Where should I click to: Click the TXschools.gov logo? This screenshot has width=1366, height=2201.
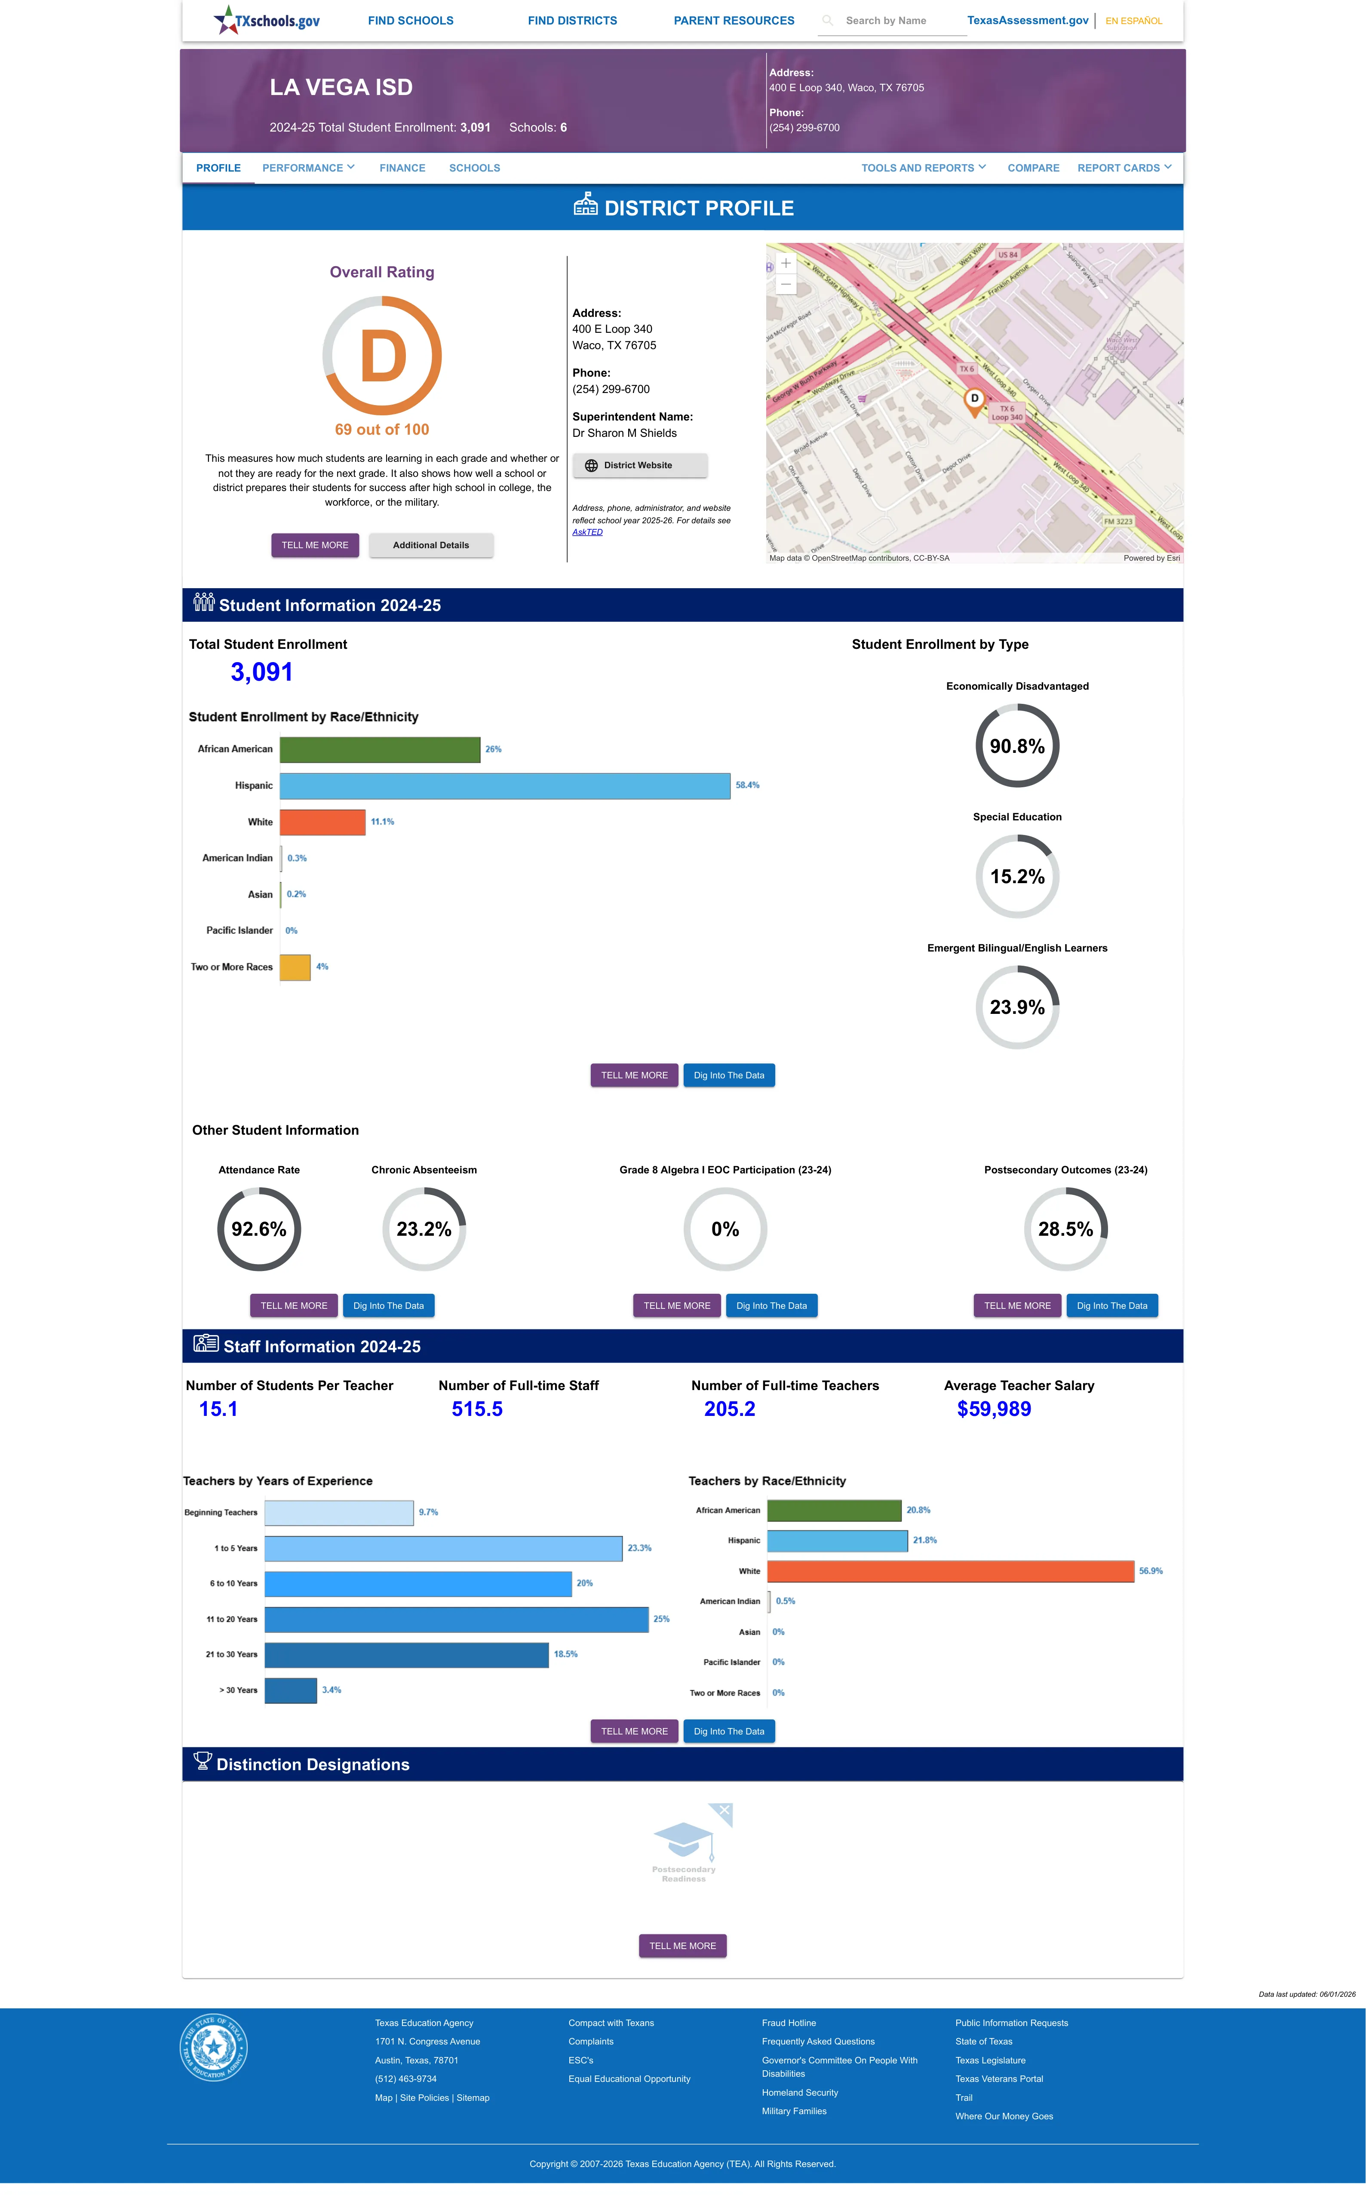point(267,20)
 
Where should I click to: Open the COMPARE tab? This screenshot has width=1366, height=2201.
point(1034,168)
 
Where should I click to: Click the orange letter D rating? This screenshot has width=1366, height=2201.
point(383,357)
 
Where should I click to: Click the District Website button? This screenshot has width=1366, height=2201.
point(640,465)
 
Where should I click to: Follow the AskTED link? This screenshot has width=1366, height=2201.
point(587,532)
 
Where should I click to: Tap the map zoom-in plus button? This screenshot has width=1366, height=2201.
point(786,263)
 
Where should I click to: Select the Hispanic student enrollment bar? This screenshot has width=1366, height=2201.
point(505,786)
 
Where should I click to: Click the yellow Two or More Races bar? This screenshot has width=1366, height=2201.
point(295,967)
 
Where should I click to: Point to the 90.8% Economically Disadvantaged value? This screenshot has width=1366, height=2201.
point(1017,746)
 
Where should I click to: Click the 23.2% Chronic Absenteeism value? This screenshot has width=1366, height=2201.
point(424,1229)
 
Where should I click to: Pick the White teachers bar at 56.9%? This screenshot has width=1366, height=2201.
point(950,1572)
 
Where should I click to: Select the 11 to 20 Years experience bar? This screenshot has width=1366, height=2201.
point(456,1619)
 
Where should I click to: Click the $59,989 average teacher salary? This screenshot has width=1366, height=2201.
point(994,1409)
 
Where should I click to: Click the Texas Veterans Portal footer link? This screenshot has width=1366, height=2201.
point(999,2079)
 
